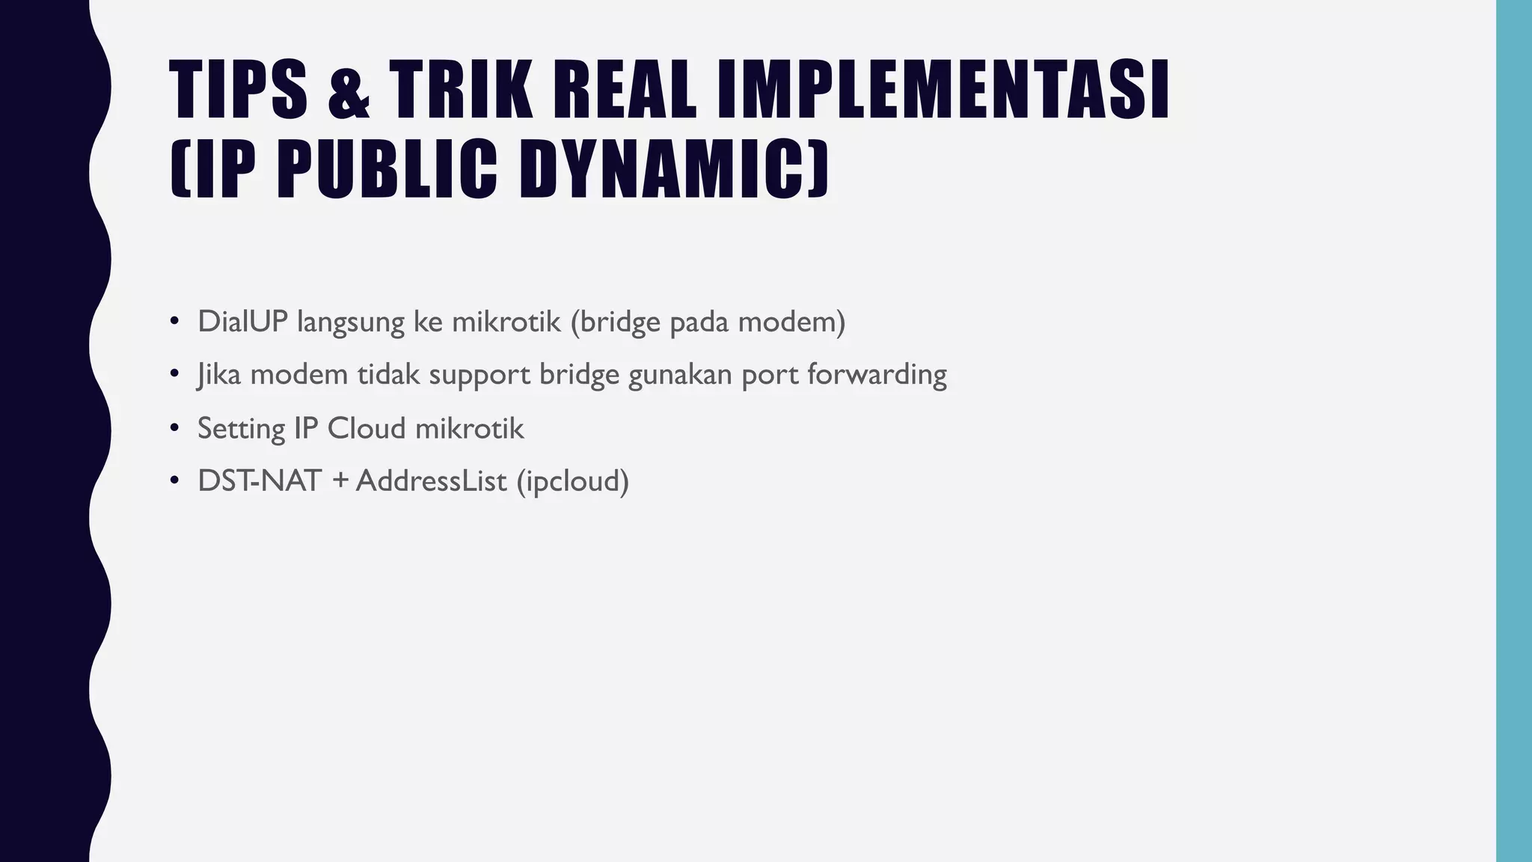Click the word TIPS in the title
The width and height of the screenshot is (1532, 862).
tap(238, 91)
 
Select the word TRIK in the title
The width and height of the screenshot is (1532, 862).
tap(460, 91)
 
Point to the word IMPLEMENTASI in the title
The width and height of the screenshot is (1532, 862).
tap(943, 91)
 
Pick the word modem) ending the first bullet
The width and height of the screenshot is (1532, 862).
tap(791, 322)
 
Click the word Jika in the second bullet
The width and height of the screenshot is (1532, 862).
tap(219, 374)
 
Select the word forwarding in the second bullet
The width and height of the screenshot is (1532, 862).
tap(877, 374)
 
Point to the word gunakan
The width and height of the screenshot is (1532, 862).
tap(680, 374)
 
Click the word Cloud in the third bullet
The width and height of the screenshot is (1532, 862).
tap(367, 429)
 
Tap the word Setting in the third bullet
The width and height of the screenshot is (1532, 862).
tap(241, 429)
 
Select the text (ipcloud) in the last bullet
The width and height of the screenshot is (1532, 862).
tap(573, 481)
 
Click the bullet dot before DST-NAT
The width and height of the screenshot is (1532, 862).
tap(174, 480)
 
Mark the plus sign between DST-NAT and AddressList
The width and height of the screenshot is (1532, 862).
tap(340, 481)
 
